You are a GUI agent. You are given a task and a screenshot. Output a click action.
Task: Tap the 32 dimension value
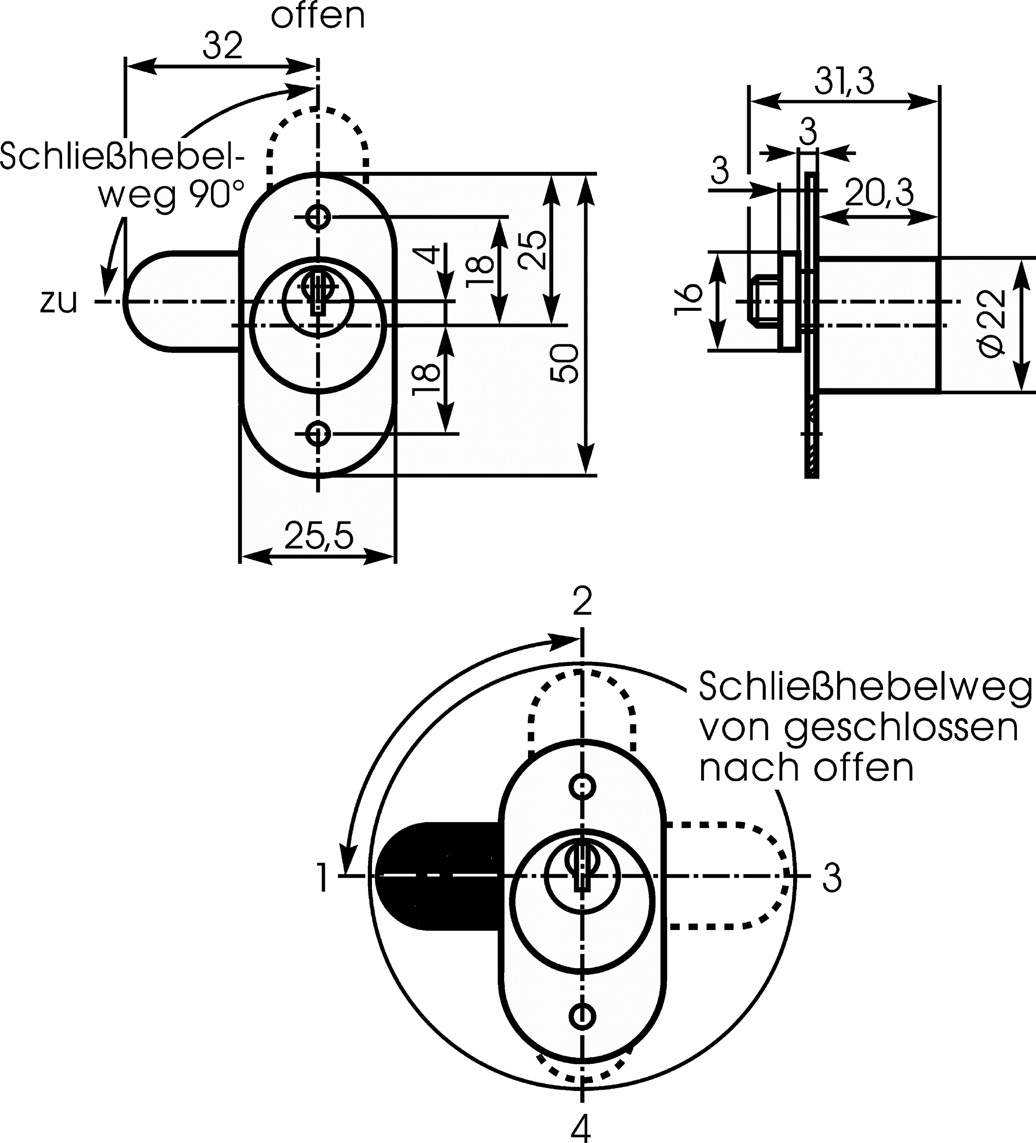(223, 46)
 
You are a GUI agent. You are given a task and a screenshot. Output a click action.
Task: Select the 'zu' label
(58, 302)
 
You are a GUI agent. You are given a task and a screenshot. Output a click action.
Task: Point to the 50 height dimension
(566, 363)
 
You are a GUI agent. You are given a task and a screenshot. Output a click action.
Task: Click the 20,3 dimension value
(879, 194)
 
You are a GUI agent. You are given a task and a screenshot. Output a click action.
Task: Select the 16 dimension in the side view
(689, 299)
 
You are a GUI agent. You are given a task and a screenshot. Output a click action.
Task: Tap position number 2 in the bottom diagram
(582, 602)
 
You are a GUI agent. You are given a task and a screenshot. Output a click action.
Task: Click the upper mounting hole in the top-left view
(317, 216)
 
